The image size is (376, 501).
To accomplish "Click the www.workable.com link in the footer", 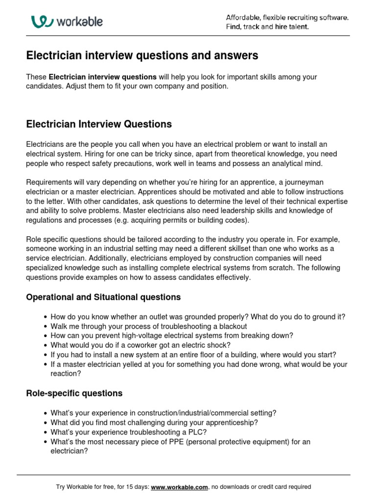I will coord(180,487).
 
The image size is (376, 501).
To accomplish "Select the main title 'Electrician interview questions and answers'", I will coord(142,56).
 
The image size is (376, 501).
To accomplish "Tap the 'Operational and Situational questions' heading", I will coord(103,297).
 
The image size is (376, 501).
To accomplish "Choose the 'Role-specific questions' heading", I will coord(74,393).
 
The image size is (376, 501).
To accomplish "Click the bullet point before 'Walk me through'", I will coord(46,326).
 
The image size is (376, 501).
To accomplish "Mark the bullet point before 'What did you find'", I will coord(46,423).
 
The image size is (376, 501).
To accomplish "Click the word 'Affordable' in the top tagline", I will coord(244,18).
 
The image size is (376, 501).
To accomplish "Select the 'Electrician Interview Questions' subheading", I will coord(99,124).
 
